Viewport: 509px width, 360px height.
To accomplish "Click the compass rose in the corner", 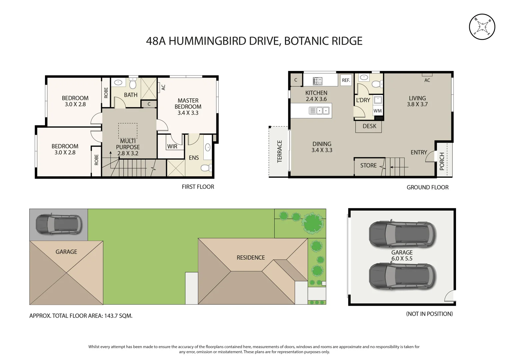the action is click(x=482, y=27).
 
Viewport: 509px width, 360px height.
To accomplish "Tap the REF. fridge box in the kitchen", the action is click(x=346, y=80).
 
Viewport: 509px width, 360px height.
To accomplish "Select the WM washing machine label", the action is click(x=377, y=111).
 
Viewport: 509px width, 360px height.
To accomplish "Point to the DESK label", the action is click(x=369, y=126).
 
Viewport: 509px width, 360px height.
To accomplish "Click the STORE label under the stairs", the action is click(x=368, y=165).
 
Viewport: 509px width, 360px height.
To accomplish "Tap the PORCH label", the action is click(x=442, y=161).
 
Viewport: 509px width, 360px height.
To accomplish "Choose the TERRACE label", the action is click(x=279, y=151).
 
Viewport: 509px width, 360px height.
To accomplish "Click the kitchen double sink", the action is click(x=319, y=111).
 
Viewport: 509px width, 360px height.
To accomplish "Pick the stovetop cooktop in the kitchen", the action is click(x=317, y=81).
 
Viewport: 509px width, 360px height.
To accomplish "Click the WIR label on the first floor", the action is click(x=172, y=147).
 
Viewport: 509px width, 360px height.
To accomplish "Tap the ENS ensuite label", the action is click(x=194, y=158).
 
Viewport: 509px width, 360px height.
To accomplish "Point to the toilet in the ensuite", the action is click(x=206, y=168).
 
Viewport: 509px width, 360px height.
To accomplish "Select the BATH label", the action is click(x=131, y=95).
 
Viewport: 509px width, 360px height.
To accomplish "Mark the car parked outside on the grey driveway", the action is click(x=59, y=225).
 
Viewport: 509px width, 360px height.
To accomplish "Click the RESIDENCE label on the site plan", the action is click(x=251, y=257).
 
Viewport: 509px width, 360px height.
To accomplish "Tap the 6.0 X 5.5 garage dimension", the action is click(x=402, y=258).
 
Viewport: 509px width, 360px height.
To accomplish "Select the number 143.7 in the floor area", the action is click(x=112, y=316).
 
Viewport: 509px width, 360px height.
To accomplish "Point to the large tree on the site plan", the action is click(x=313, y=223).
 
